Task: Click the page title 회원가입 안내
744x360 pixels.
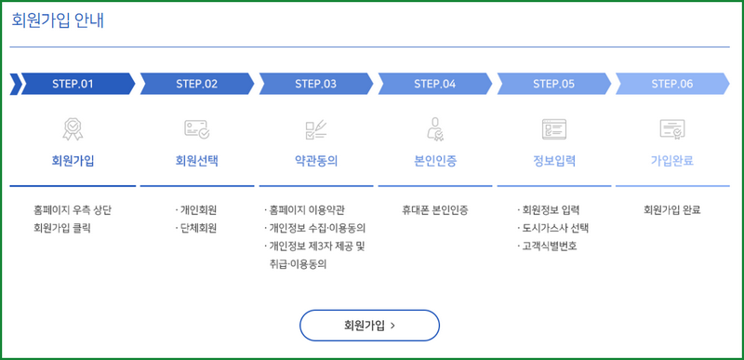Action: click(x=58, y=20)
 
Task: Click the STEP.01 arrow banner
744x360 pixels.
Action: click(x=73, y=84)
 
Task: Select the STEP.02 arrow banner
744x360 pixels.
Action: click(x=196, y=84)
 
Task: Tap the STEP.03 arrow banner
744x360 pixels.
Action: click(x=315, y=84)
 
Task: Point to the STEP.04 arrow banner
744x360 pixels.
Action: click(x=434, y=84)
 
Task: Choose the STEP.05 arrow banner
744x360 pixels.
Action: click(x=553, y=84)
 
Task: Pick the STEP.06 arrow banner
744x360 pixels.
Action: click(x=671, y=84)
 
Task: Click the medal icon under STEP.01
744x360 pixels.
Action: click(x=73, y=128)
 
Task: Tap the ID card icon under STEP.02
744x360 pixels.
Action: click(x=196, y=128)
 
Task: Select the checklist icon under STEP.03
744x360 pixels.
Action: click(x=315, y=128)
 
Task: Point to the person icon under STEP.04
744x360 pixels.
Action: click(x=434, y=128)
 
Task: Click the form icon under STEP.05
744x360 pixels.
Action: click(x=553, y=128)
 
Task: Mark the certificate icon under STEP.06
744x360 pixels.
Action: click(x=671, y=128)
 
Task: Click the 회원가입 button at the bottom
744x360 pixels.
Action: click(x=369, y=326)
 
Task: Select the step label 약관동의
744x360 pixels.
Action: click(x=315, y=160)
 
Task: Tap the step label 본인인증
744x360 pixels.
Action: click(x=434, y=160)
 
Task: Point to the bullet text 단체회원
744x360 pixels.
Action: click(x=198, y=228)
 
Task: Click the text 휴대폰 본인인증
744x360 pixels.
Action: click(x=434, y=209)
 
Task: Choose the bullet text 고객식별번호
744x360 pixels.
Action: click(x=550, y=247)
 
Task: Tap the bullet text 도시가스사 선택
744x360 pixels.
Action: click(x=556, y=228)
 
